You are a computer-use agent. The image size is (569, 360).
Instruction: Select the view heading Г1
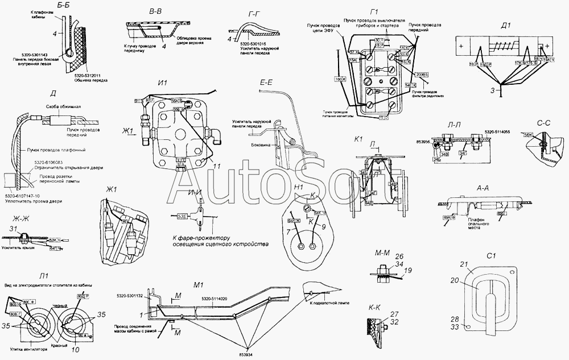tap(374, 12)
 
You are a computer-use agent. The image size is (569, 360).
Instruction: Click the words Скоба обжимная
tap(61, 106)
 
